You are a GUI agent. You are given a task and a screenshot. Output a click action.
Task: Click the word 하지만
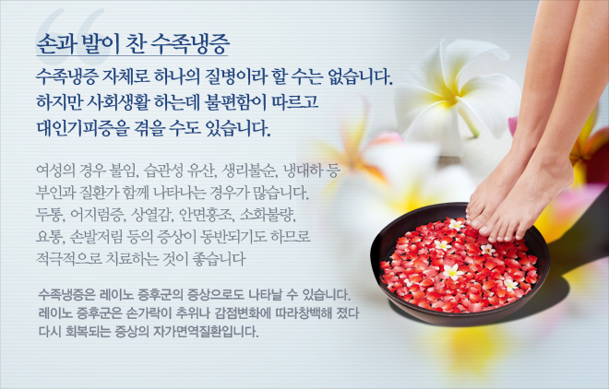58,101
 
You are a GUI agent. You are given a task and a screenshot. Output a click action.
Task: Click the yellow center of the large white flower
449,96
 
